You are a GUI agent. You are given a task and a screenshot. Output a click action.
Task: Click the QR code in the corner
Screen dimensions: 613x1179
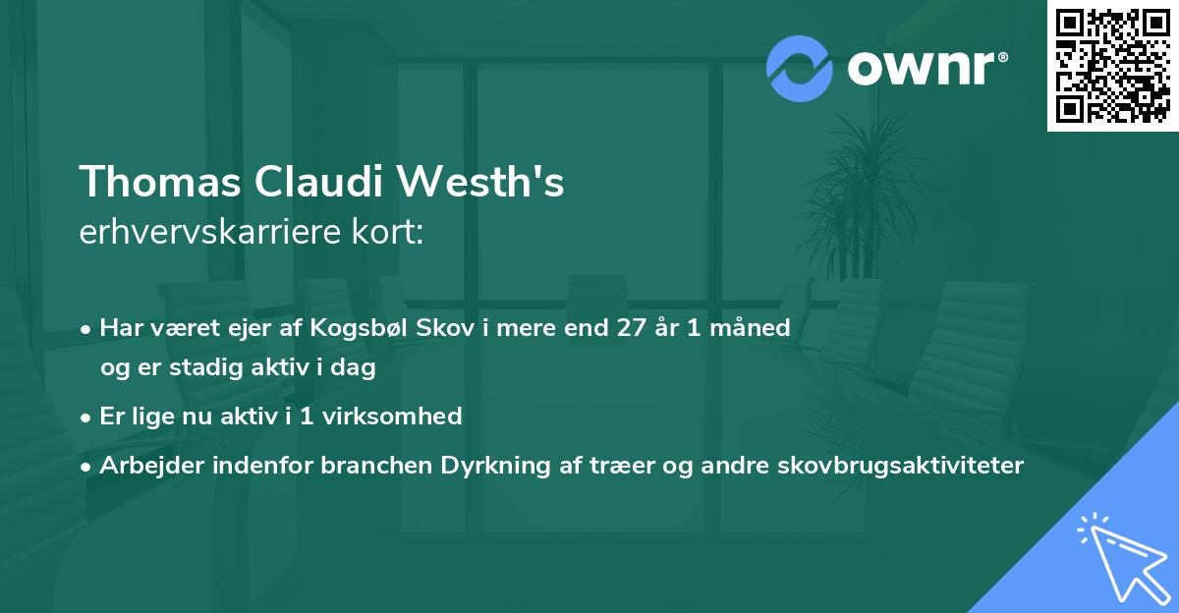1112,65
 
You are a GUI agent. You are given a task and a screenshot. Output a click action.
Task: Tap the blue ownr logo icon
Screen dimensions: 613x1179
800,68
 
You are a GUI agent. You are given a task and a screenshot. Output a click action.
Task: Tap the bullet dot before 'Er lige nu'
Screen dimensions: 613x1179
87,417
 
